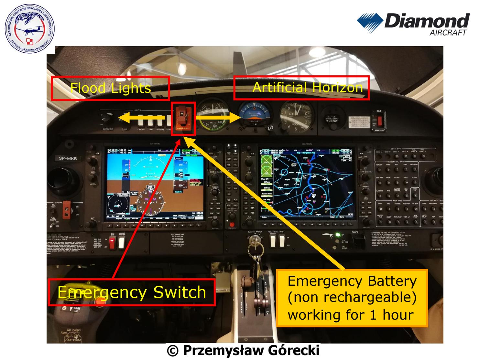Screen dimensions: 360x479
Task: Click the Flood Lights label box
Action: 110,88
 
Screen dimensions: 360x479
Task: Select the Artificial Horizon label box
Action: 301,88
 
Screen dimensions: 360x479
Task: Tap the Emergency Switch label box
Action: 132,292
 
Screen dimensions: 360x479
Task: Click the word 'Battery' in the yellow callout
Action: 393,281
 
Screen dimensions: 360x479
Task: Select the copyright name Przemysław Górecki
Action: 243,351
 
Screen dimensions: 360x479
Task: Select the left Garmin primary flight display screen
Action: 154,184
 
